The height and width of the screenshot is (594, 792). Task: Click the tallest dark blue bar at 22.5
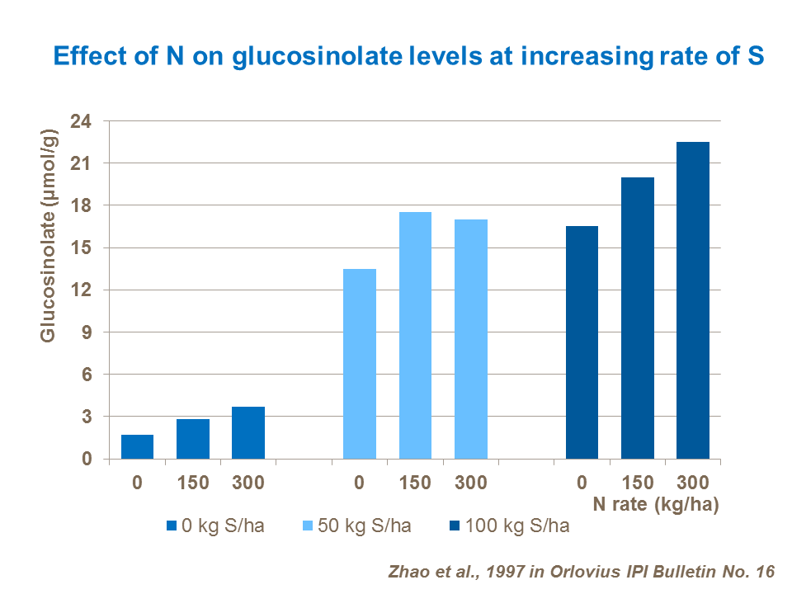pyautogui.click(x=692, y=300)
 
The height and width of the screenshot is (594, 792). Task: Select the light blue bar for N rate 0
pyautogui.click(x=359, y=364)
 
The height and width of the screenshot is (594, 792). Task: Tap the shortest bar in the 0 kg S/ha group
pyautogui.click(x=137, y=446)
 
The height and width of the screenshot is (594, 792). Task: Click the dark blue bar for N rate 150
pyautogui.click(x=637, y=318)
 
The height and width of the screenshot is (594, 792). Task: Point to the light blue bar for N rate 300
pyautogui.click(x=470, y=339)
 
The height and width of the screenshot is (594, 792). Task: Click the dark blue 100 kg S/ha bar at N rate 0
pyautogui.click(x=582, y=342)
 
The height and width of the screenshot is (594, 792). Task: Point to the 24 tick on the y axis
pyautogui.click(x=87, y=121)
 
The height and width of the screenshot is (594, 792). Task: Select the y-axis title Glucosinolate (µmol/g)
pyautogui.click(x=48, y=235)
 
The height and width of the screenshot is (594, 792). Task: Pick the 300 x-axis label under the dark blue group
pyautogui.click(x=692, y=483)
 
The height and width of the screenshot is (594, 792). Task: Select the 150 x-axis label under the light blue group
pyautogui.click(x=415, y=483)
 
